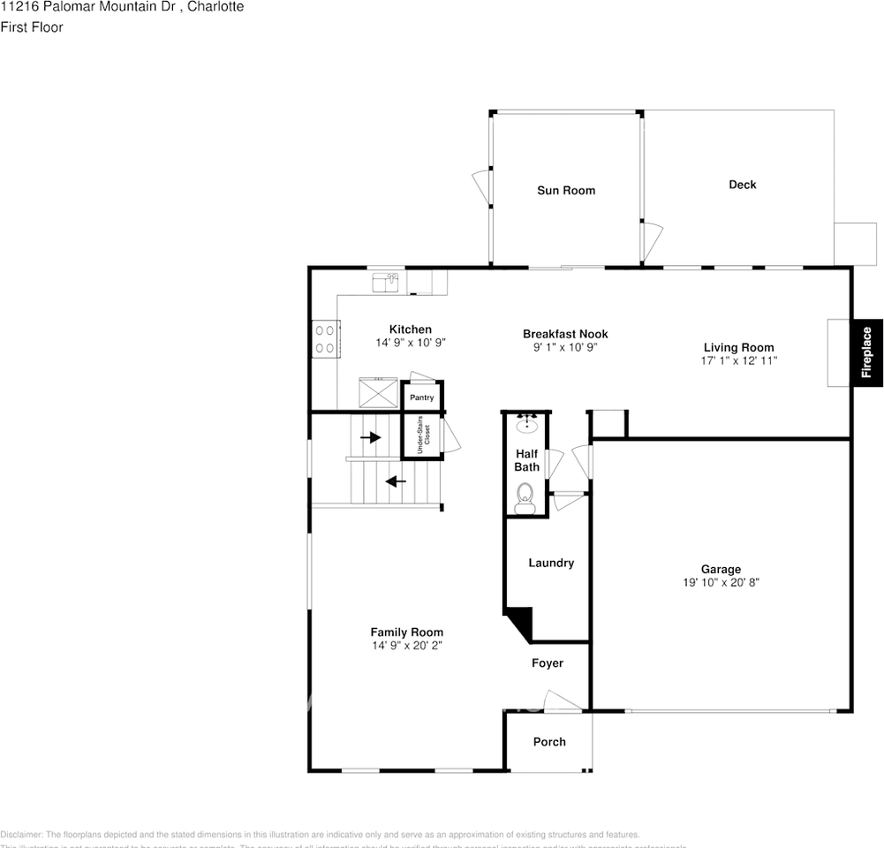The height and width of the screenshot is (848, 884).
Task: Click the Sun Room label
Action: (x=566, y=190)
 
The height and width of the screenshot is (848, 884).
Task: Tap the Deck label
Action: (x=742, y=185)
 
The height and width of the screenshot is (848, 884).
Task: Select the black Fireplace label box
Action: (x=866, y=352)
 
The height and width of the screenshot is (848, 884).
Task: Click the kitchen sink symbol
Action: (x=385, y=282)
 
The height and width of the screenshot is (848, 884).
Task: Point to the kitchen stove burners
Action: (x=324, y=338)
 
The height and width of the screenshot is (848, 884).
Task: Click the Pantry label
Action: (x=421, y=397)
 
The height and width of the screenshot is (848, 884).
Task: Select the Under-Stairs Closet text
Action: (x=422, y=434)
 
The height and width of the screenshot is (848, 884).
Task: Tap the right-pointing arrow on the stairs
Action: (x=371, y=437)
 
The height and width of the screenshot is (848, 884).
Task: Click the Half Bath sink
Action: (x=526, y=422)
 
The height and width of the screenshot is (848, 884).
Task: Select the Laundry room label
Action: (x=551, y=563)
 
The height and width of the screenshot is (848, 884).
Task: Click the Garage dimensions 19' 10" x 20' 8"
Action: (x=722, y=583)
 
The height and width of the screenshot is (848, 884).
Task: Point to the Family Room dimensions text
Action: (x=406, y=646)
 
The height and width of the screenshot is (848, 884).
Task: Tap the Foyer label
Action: (x=547, y=663)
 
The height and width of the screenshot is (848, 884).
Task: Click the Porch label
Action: (x=549, y=742)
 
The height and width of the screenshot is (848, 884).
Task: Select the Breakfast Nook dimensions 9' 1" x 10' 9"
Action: (x=565, y=348)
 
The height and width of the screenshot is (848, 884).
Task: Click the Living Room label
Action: (x=738, y=347)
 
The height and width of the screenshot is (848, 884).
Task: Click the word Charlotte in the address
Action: (x=216, y=7)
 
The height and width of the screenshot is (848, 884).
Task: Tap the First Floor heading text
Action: (x=32, y=27)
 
